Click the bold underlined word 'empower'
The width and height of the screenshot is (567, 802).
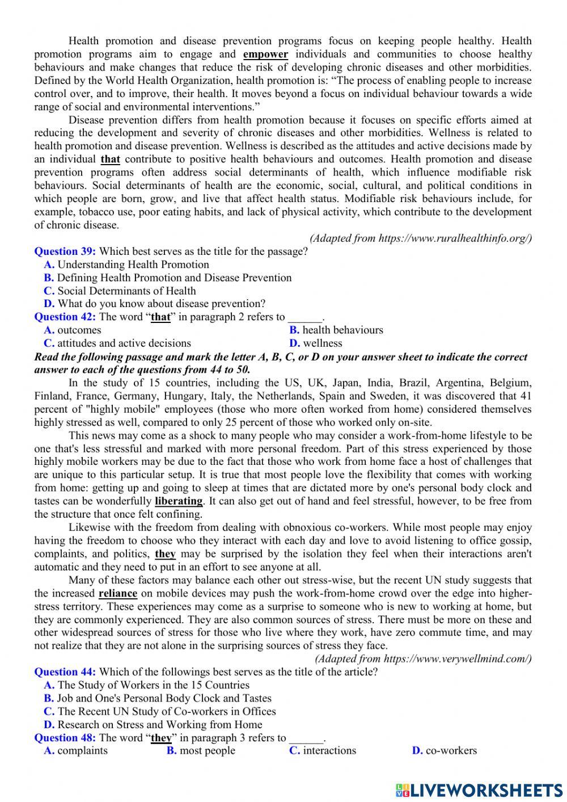tap(265, 54)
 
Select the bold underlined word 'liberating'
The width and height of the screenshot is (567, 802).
tap(179, 501)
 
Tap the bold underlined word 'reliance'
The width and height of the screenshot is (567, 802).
tap(118, 594)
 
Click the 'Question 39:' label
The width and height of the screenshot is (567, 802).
tap(65, 251)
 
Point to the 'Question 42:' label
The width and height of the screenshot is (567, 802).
tap(65, 317)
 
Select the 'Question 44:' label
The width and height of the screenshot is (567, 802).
tap(65, 672)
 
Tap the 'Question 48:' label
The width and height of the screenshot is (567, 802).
tap(65, 738)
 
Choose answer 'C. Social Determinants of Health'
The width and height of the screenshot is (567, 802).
tap(120, 291)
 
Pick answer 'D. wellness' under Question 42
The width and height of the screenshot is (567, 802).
tap(316, 343)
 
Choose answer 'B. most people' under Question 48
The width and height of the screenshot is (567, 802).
tap(201, 751)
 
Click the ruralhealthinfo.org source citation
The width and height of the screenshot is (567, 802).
tap(421, 238)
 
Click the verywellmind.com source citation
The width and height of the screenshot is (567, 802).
tap(424, 659)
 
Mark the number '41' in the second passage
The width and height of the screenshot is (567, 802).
tap(526, 396)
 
